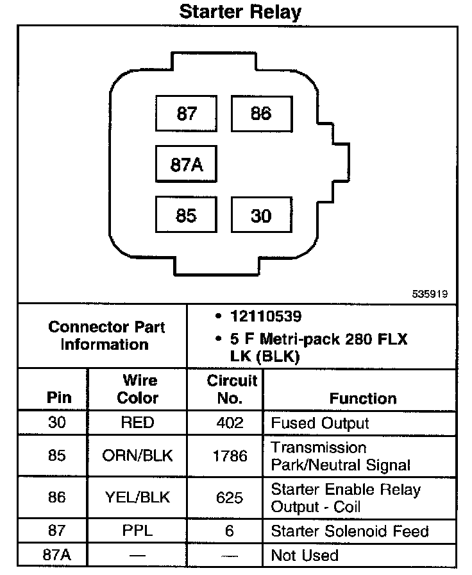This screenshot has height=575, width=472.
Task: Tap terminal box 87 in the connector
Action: coord(186,114)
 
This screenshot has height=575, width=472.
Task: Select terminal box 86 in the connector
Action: coord(261,114)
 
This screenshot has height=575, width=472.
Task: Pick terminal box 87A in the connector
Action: coord(186,164)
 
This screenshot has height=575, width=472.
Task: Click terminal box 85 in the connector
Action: coord(186,216)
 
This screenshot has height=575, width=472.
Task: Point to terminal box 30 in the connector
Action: coord(261,216)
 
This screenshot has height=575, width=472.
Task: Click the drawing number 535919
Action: coord(430,294)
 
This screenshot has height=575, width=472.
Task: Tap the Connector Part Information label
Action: coord(106,335)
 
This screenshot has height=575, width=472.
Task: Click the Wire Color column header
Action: coord(137,389)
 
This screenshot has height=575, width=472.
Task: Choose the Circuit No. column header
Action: coord(230,389)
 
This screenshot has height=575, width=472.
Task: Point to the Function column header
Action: coord(363,398)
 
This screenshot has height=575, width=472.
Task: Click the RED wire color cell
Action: coord(137,423)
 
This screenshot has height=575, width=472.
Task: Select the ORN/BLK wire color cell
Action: coord(137,456)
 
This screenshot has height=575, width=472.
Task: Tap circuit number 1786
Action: coord(230,456)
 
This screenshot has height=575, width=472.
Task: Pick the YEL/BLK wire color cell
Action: coord(137,498)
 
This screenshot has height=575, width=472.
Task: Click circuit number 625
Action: coord(230,498)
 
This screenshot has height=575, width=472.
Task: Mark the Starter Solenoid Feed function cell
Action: coord(350,531)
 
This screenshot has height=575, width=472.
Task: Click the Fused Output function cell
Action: coord(320,423)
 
